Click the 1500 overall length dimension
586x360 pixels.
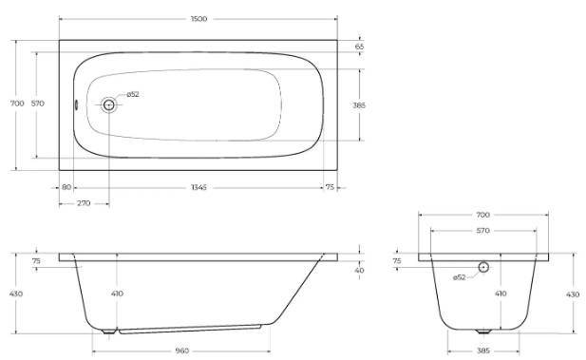click(198, 19)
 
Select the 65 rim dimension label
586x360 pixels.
click(359, 47)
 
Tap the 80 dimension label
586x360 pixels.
click(66, 187)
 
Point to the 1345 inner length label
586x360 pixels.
click(198, 187)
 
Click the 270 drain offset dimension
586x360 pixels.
click(84, 203)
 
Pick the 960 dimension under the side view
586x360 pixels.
click(182, 351)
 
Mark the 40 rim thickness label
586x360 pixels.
click(359, 271)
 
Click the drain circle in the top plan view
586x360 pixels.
click(109, 105)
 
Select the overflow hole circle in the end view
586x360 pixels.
click(483, 267)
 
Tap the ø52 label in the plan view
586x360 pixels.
click(133, 95)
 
